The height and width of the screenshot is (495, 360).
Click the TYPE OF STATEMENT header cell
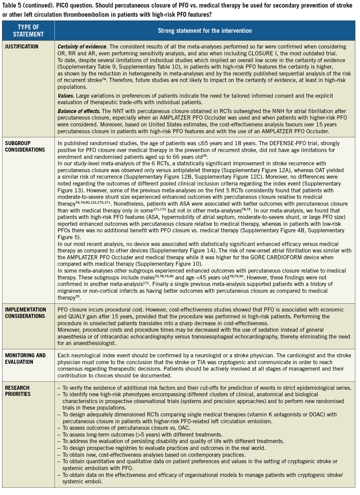pos(28,31)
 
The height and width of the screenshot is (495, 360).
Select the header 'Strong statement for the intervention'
pos(205,31)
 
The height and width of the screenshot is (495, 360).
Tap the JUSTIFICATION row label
pos(22,46)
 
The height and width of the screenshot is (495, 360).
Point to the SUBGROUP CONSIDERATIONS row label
pos(25,147)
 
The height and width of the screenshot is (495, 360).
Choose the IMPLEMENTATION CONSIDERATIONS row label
pos(26,313)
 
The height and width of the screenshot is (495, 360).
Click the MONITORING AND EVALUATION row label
pos(25,359)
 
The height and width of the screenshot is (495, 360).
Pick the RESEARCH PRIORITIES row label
pos(18,391)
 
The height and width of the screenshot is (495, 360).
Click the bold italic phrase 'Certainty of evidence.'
pos(82,47)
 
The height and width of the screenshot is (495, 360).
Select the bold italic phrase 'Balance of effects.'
pos(79,111)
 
